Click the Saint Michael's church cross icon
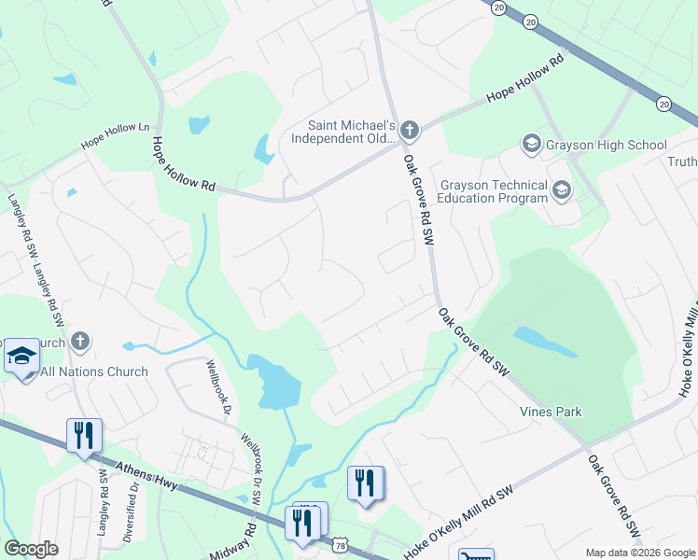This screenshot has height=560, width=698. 411,130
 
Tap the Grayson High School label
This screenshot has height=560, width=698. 607,145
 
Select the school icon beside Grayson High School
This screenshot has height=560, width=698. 531,144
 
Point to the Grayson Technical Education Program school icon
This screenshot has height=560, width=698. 562,191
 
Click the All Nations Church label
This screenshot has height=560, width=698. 94,371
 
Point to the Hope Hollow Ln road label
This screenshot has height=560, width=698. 115,135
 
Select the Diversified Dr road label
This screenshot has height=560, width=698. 132,511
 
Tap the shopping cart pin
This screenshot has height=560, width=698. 476,554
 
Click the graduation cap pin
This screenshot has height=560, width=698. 21,357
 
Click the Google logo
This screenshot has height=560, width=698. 31,549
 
